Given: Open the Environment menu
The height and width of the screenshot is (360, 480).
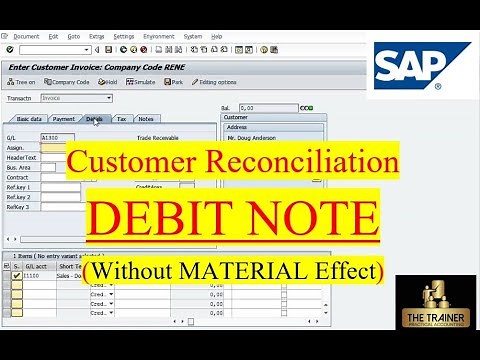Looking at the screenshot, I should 158,35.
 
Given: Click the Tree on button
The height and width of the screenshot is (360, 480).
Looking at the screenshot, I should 21,82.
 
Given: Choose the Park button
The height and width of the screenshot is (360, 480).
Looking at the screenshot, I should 174,82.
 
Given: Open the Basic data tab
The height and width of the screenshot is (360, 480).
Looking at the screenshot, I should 29,119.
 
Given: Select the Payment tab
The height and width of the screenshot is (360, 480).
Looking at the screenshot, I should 64,119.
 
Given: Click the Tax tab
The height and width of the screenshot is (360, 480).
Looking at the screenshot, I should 121,119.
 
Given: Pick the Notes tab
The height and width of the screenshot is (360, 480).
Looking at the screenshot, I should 146,119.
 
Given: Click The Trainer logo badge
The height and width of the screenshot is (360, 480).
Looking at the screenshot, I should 434,314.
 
